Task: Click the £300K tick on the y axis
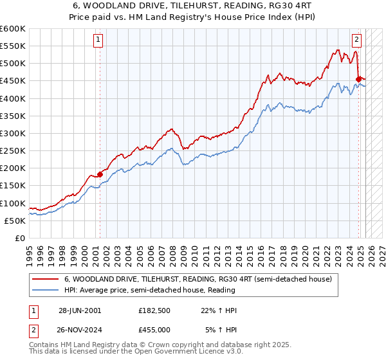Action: [x=13, y=133]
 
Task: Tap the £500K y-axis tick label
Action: [x=13, y=64]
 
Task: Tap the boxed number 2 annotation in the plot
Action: [x=356, y=39]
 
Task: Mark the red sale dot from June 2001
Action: [x=100, y=174]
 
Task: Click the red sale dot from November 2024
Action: [x=358, y=78]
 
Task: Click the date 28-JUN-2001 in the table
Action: [x=80, y=310]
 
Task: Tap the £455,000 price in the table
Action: [x=154, y=329]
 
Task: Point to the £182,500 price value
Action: [x=154, y=310]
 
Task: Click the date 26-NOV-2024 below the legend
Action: [x=80, y=329]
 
